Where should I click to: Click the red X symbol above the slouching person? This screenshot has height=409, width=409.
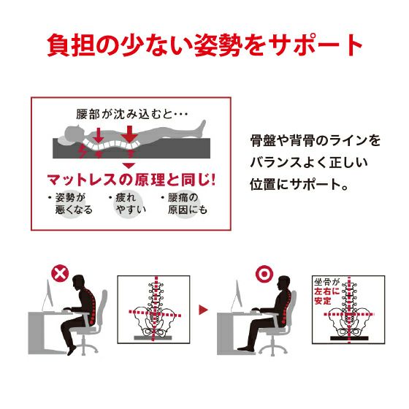click(60, 274)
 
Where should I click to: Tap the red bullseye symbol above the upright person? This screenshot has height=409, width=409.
click(264, 274)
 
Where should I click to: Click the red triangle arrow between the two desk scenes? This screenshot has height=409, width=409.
click(203, 310)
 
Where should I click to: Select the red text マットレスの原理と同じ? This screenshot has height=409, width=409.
click(131, 180)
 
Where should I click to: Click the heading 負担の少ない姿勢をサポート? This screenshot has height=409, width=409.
click(204, 45)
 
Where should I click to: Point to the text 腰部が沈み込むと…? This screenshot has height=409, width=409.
click(132, 114)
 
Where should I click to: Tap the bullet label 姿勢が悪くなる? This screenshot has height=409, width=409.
click(71, 204)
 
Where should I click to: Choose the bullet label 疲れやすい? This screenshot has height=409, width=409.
click(128, 204)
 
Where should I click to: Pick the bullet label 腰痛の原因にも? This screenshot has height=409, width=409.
click(185, 204)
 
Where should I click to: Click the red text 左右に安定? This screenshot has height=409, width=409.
click(326, 296)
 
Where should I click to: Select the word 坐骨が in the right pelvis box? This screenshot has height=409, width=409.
click(326, 282)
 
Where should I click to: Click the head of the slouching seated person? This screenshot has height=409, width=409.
click(79, 282)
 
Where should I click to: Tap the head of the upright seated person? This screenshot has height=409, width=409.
click(284, 283)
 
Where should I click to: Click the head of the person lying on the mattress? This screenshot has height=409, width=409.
click(74, 132)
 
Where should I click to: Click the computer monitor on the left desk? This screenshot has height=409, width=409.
click(49, 295)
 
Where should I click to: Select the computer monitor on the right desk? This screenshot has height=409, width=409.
click(238, 295)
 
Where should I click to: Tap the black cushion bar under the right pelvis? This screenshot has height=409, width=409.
click(349, 338)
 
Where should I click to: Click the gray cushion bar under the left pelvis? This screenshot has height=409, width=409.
click(153, 337)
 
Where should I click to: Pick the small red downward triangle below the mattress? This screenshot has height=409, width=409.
click(129, 166)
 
